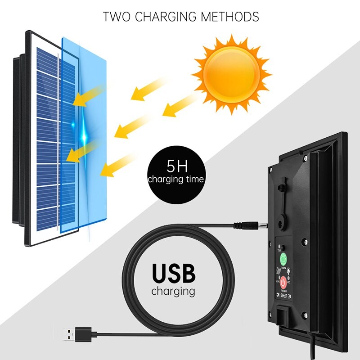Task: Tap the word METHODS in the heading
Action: (229, 17)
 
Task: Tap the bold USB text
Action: (173, 273)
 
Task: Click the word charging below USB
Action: (173, 291)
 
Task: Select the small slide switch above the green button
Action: (281, 247)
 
